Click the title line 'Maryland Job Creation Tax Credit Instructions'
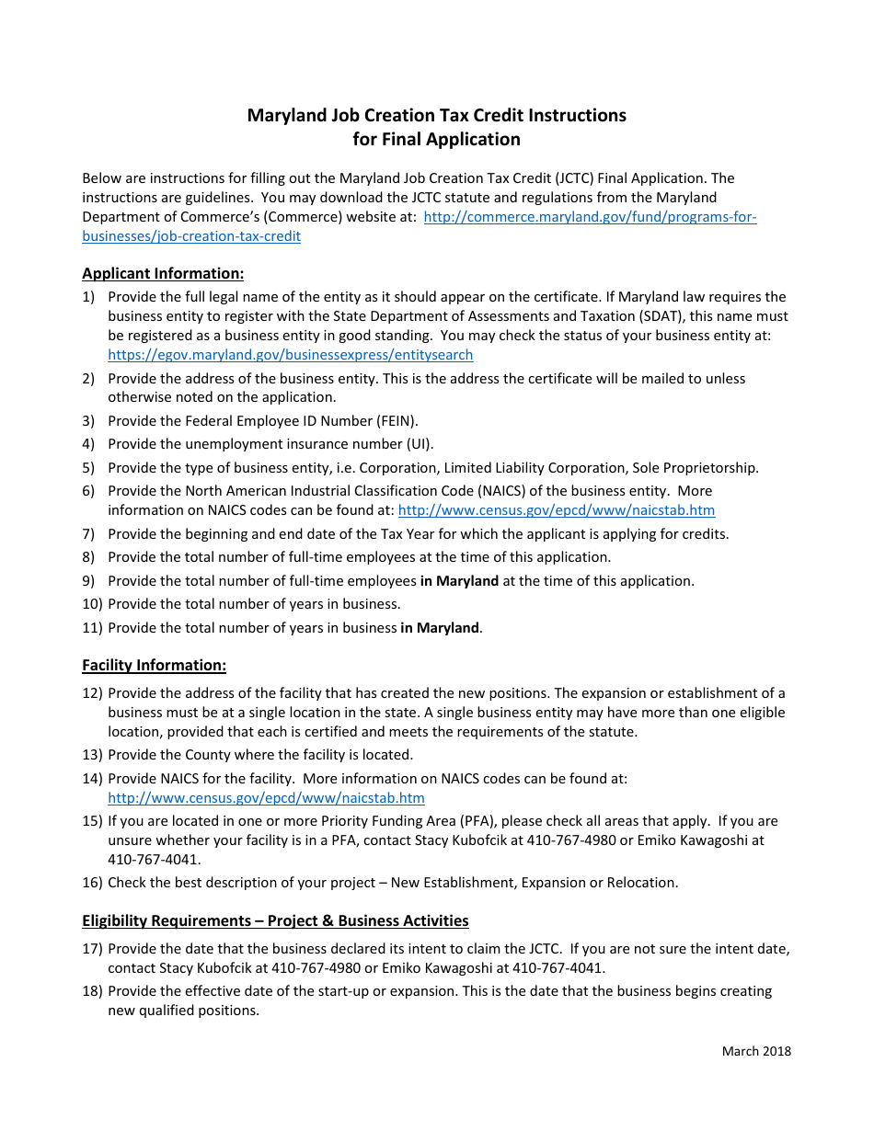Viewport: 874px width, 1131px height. [x=436, y=115]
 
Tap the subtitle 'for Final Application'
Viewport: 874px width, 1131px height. [x=436, y=139]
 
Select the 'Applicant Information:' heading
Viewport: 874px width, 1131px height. [x=163, y=273]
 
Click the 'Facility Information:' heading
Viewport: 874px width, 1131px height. [x=154, y=665]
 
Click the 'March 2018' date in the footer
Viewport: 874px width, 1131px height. [x=755, y=1051]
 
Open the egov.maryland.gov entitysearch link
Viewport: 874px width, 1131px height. [x=290, y=355]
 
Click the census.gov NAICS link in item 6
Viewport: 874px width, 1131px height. [x=556, y=510]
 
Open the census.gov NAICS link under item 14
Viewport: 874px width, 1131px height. [x=266, y=798]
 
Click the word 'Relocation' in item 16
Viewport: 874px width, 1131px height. [x=641, y=883]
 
